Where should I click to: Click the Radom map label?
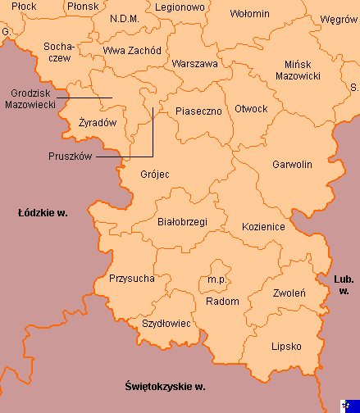click(223, 301)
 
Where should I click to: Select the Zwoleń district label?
click(284, 292)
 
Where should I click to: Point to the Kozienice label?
click(263, 226)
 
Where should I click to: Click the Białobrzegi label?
click(181, 221)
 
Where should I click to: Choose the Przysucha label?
click(131, 279)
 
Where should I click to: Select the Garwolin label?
click(291, 165)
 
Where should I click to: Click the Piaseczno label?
click(198, 111)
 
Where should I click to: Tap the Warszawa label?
click(194, 63)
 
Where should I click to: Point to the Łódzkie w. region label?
click(43, 213)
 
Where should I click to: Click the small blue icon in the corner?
click(351, 404)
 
